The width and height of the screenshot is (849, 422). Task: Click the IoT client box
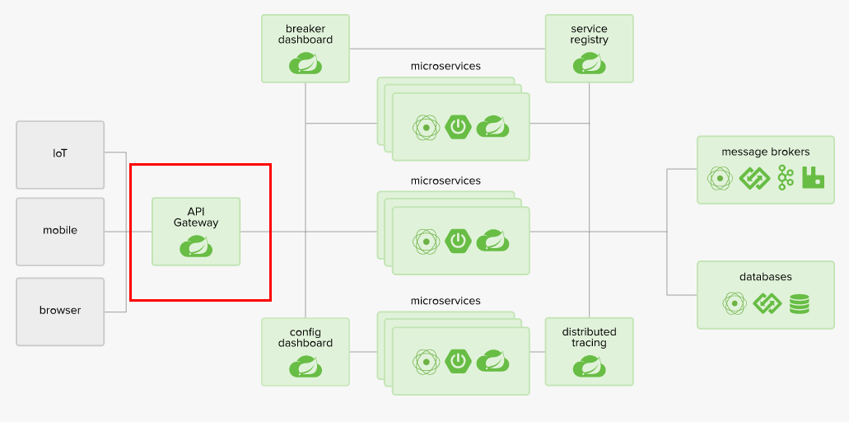[60, 154]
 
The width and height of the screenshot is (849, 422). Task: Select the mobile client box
[60, 231]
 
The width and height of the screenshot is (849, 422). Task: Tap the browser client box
[60, 311]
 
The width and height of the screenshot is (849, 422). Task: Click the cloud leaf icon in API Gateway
[196, 246]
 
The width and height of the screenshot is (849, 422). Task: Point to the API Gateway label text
[196, 217]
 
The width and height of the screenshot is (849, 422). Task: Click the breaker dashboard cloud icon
[306, 63]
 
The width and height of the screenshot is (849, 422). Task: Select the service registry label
[590, 34]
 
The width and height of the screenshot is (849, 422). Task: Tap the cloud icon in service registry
[590, 63]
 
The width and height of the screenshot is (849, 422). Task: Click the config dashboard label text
[306, 337]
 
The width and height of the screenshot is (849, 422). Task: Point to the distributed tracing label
[590, 337]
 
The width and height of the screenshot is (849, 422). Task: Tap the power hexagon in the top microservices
[458, 127]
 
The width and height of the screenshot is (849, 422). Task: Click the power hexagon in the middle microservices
[458, 241]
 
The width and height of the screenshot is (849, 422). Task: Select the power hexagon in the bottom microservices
[458, 361]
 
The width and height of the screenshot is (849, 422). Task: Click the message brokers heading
[765, 152]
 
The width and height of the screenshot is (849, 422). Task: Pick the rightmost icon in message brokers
[814, 177]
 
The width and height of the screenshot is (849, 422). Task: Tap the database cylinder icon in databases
[799, 303]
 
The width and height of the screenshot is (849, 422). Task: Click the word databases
[765, 277]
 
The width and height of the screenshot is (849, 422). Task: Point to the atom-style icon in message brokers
[721, 177]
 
